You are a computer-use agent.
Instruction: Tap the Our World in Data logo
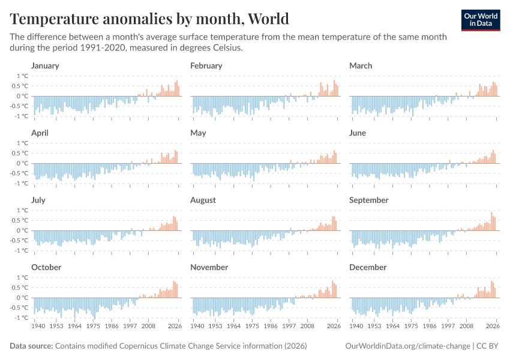tap(480, 19)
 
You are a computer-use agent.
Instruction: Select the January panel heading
tap(45, 65)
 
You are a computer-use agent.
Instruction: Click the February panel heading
tap(206, 65)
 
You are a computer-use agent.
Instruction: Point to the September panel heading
tap(368, 200)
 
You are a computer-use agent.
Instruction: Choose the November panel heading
tap(209, 267)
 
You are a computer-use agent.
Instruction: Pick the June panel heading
tap(358, 133)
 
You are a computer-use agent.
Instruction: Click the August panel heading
tap(203, 200)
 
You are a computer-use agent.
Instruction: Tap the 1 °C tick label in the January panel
tap(22, 76)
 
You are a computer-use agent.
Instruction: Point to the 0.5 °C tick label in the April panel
tap(20, 153)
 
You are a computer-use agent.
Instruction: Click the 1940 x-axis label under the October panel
tap(38, 327)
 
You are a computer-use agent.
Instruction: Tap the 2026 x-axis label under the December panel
tap(493, 327)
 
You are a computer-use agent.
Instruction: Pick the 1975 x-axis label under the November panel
tap(252, 327)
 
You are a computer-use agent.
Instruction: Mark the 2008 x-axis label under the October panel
tap(148, 327)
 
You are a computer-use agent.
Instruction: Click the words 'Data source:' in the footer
tap(31, 346)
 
